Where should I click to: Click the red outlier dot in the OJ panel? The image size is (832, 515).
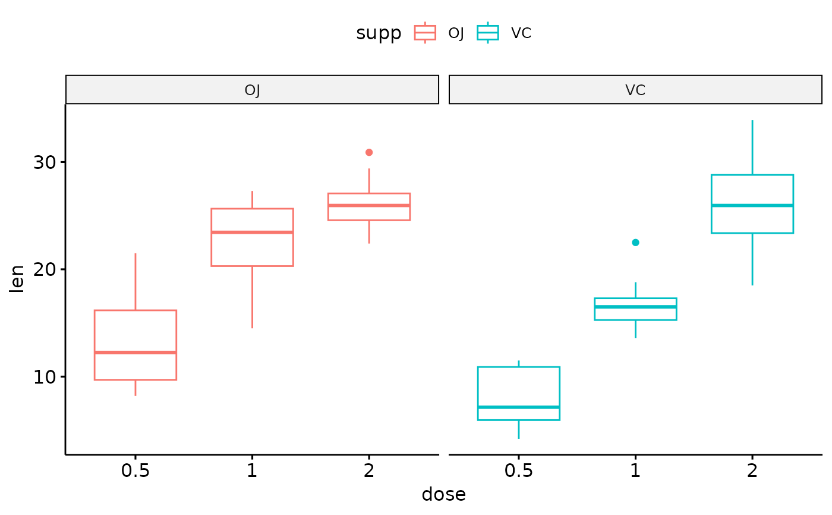pos(369,152)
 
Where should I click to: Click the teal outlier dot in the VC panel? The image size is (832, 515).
pos(635,242)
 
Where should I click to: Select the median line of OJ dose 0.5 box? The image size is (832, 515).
pos(135,353)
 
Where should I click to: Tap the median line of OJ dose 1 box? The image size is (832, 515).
pos(252,232)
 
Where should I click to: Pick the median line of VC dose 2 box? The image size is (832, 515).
pos(752,205)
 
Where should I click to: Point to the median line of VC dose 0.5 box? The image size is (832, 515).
pos(519,407)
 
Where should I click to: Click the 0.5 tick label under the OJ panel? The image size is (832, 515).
pos(135,470)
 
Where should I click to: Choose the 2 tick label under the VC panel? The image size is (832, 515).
pos(752,470)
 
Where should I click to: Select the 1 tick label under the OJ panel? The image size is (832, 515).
pos(252,470)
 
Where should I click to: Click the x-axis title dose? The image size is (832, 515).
pos(443,495)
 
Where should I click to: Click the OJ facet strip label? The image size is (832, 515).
pos(252,90)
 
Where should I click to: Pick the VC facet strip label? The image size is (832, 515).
pos(635,90)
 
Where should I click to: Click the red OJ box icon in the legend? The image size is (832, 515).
pos(425,33)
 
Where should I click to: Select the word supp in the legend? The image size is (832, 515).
pos(379,33)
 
